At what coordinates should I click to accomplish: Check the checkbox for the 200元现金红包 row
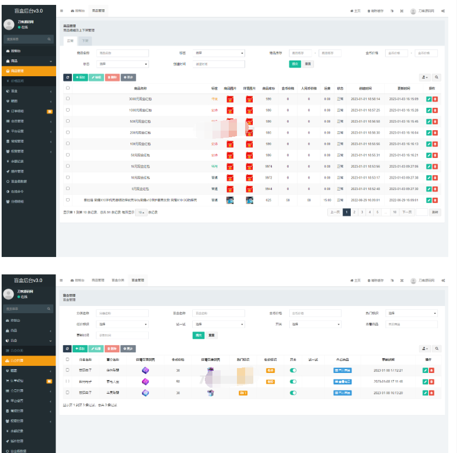click(x=68, y=132)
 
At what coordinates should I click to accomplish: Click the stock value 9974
click(x=269, y=166)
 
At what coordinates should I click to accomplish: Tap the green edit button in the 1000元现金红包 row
click(x=429, y=110)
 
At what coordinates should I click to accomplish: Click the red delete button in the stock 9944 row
click(x=435, y=188)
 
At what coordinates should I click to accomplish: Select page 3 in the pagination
click(x=362, y=212)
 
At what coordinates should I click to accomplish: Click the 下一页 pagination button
click(x=407, y=212)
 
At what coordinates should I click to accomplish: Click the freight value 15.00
click(x=327, y=200)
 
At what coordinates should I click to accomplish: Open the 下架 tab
click(x=85, y=41)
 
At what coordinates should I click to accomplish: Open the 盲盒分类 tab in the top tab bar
click(x=118, y=280)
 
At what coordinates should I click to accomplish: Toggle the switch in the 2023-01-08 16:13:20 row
click(x=293, y=393)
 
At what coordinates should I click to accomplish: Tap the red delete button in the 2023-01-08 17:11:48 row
click(x=432, y=382)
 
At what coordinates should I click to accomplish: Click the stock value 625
click(x=269, y=200)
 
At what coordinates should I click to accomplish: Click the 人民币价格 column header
click(x=308, y=88)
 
